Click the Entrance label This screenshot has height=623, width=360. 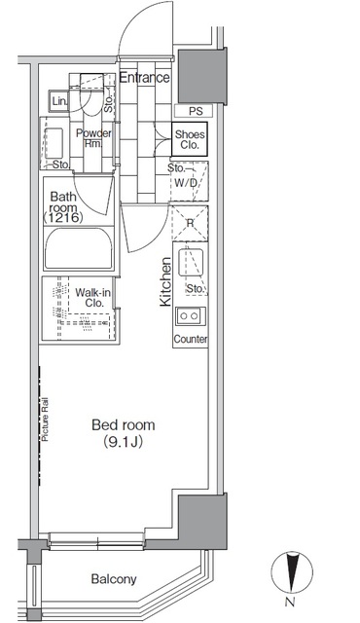coord(144,78)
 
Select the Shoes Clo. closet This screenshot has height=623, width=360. coord(190,139)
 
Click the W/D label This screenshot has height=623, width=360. coord(186,183)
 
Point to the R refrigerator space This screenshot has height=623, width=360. coord(190,223)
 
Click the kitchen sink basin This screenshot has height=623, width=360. coord(191,262)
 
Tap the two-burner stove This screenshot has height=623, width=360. coord(191,316)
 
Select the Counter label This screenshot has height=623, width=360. coord(191,340)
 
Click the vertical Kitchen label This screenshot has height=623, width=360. coord(165,281)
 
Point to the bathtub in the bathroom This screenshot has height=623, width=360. coord(79,249)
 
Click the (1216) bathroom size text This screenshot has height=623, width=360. coord(63,217)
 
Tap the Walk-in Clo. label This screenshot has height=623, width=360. coord(92,298)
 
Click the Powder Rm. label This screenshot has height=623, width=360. coord(93,138)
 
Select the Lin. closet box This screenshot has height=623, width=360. coord(59,101)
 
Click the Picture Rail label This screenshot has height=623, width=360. coord(45,420)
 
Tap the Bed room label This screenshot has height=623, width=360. coord(123,425)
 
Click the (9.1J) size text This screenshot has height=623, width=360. coord(123,442)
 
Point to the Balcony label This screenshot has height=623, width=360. coord(114,579)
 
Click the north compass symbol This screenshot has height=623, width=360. coord(292,572)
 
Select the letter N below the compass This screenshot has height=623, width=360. coord(290,602)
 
